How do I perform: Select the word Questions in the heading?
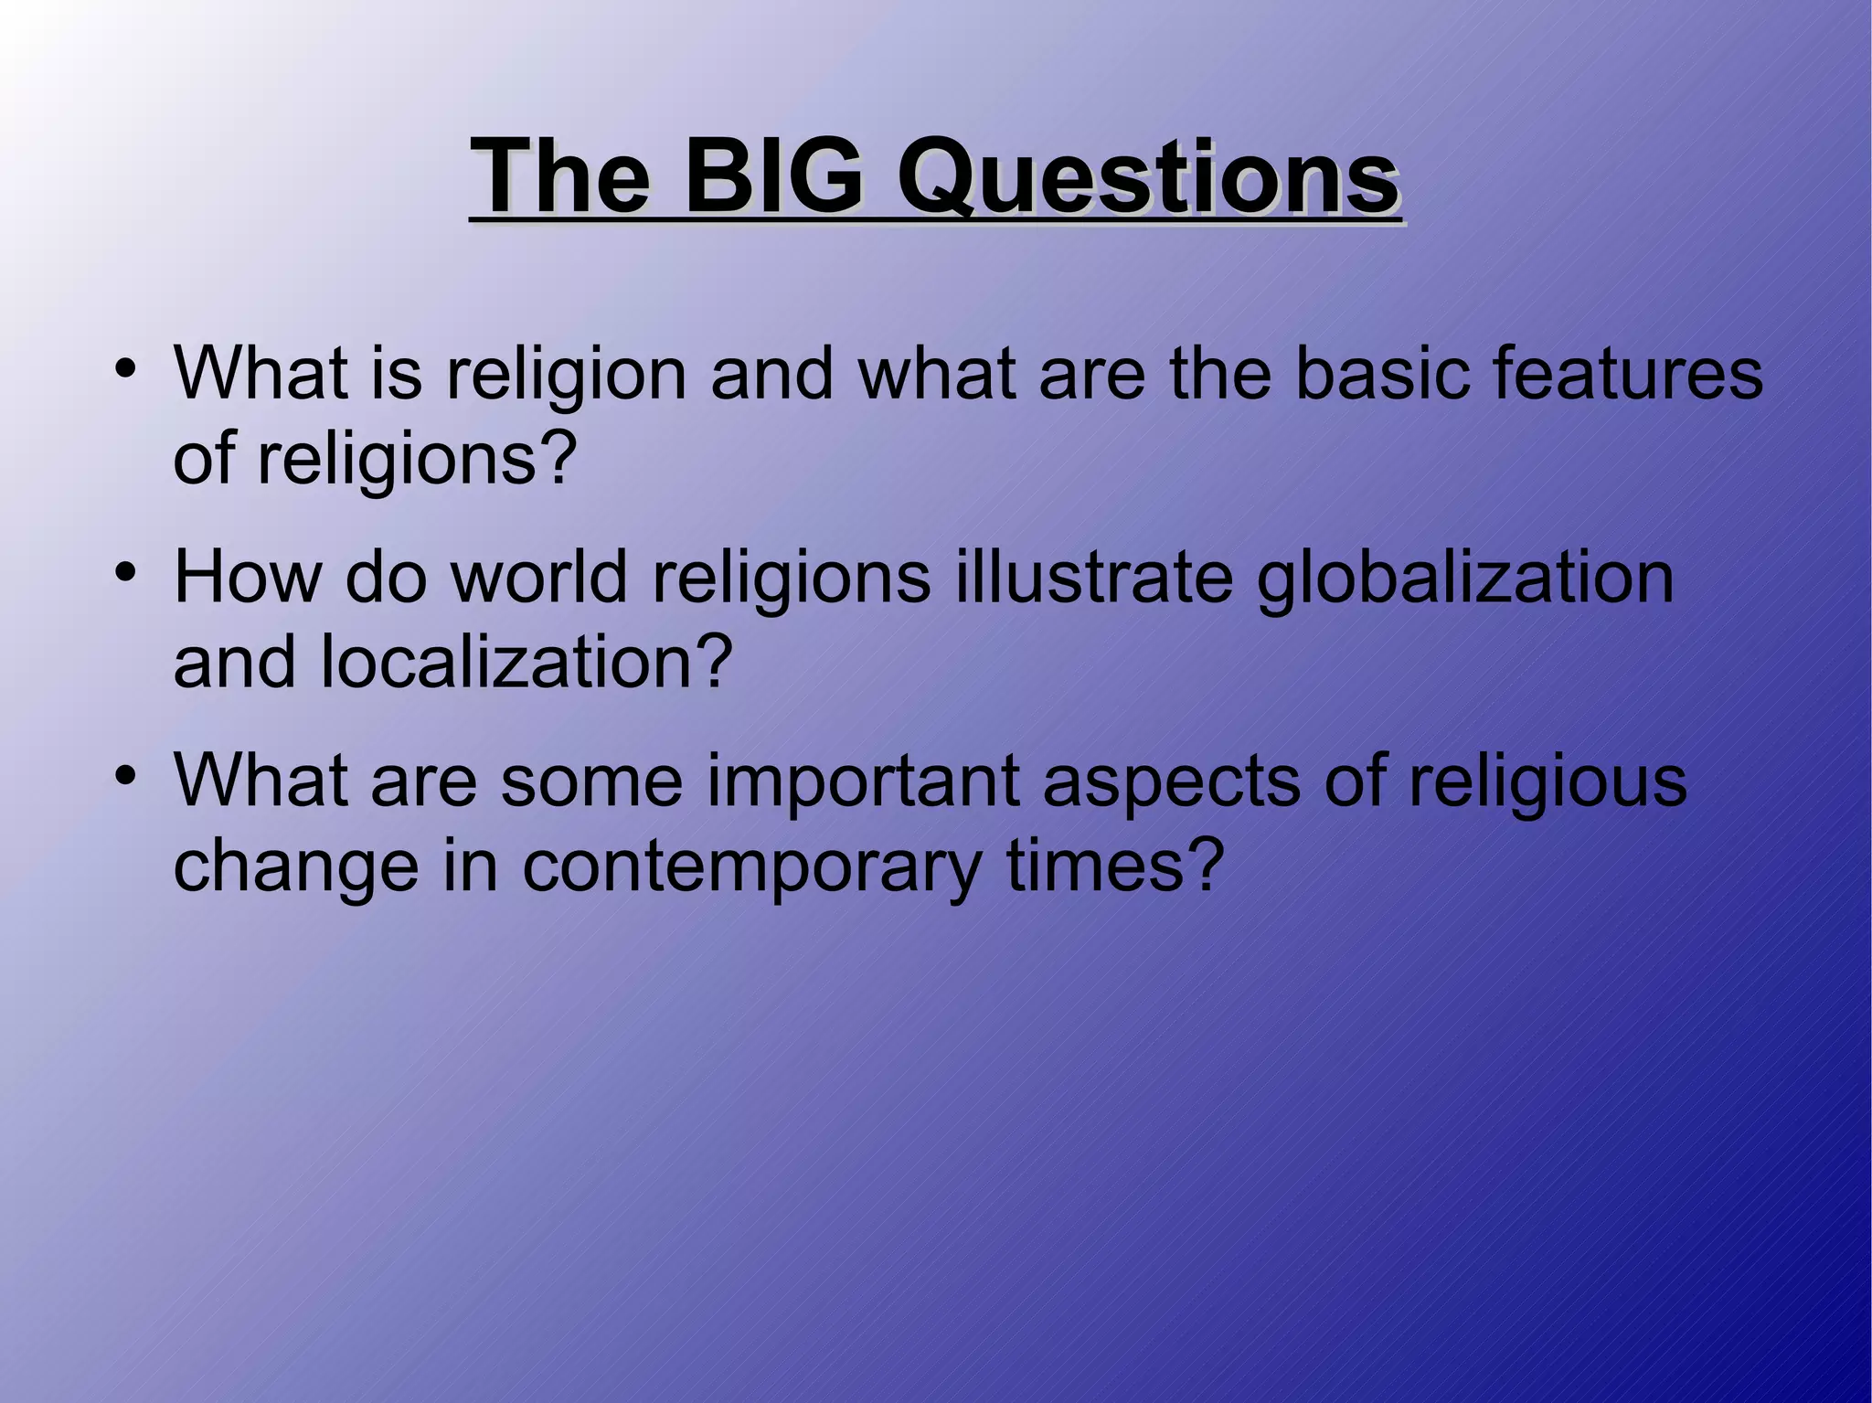pos(1147,175)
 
